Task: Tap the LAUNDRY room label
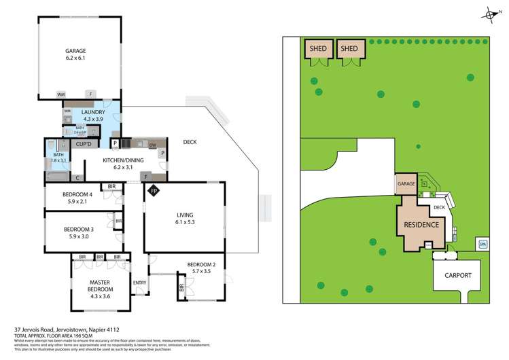click(x=93, y=112)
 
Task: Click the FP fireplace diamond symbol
click(x=154, y=190)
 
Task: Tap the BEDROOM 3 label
click(x=77, y=230)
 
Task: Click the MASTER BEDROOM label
click(x=100, y=285)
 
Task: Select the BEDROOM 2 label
click(x=203, y=265)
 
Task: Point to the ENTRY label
click(x=139, y=283)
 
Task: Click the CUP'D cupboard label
click(x=84, y=144)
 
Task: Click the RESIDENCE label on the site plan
click(x=421, y=224)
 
